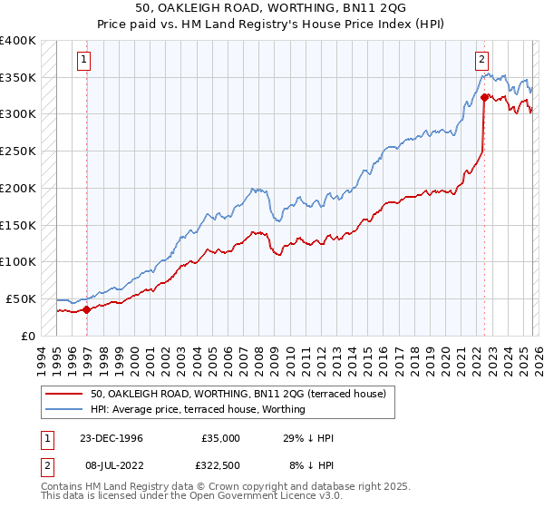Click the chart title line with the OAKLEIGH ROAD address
click(271, 8)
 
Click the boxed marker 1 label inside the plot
click(83, 61)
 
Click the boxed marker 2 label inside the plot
click(480, 61)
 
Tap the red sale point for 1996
click(87, 309)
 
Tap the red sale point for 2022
click(485, 96)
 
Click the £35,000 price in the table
click(220, 438)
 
